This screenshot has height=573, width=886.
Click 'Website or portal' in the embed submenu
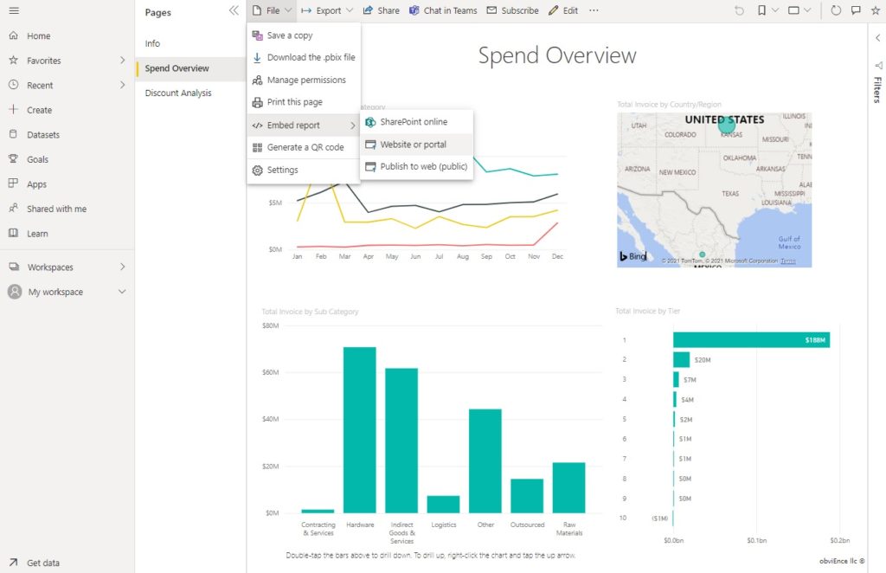413,145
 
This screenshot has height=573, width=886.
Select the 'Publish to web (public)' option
423,166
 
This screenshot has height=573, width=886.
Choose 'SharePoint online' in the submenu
414,122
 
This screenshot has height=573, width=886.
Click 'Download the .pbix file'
311,57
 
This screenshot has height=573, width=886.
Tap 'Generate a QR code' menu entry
305,147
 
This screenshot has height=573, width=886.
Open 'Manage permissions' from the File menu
305,80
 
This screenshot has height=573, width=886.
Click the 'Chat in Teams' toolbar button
443,10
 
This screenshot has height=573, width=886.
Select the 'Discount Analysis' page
178,93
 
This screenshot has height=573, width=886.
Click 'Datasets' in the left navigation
43,135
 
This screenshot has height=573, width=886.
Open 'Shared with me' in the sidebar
56,209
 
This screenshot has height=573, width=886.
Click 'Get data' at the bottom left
43,563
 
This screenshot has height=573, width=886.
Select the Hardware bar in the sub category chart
360,429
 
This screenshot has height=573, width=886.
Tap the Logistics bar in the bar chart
443,504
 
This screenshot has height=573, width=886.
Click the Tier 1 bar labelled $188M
751,340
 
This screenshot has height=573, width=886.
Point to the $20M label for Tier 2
703,360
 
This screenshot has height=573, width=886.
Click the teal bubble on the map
727,125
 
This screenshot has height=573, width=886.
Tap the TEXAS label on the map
731,194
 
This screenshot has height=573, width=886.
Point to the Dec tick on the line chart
557,257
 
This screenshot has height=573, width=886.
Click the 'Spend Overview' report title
557,55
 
